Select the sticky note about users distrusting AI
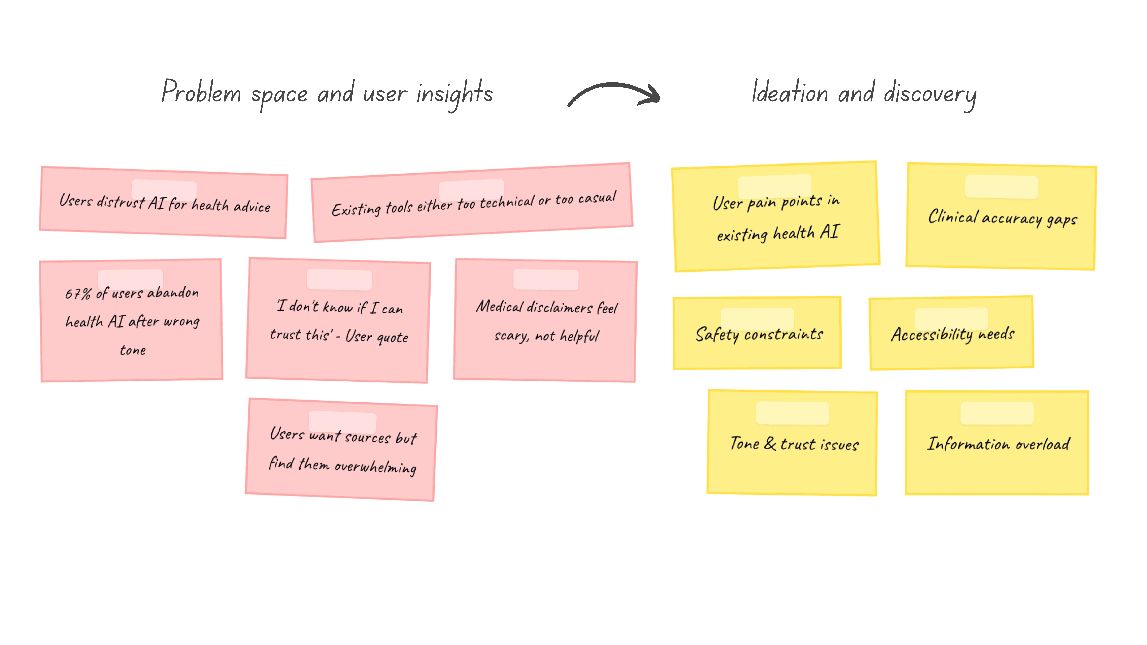tap(163, 203)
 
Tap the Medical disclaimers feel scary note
tap(545, 320)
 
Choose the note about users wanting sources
tap(341, 449)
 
